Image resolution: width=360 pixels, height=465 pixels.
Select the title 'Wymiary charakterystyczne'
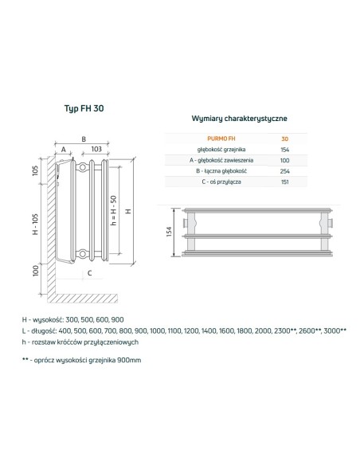240,118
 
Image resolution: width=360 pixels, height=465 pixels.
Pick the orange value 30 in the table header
285,139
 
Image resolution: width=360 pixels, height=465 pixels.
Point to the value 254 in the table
285,170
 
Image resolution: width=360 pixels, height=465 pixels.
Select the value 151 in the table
285,182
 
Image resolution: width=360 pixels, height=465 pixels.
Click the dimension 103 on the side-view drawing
95,149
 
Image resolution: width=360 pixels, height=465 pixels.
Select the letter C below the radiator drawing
90,273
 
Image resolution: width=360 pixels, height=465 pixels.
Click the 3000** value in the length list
335,330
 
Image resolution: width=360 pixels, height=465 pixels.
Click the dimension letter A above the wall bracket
62,149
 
